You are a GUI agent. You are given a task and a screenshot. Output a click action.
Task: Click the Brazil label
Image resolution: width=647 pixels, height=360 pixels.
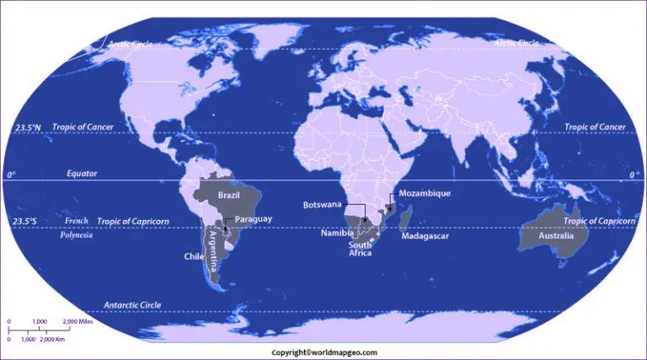pyautogui.click(x=230, y=195)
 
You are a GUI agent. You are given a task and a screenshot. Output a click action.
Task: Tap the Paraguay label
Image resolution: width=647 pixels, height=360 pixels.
pyautogui.click(x=252, y=219)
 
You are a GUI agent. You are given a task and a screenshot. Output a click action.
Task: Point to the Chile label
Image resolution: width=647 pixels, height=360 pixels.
pyautogui.click(x=192, y=256)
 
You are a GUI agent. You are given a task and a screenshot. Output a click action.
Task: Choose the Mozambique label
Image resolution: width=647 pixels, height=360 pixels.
pyautogui.click(x=425, y=193)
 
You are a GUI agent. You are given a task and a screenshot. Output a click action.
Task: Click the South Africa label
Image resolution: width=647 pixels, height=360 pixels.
pyautogui.click(x=360, y=249)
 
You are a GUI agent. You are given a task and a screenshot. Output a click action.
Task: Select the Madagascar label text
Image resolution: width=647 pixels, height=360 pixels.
pyautogui.click(x=425, y=236)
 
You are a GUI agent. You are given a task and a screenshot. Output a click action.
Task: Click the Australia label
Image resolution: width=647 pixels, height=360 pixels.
pyautogui.click(x=557, y=236)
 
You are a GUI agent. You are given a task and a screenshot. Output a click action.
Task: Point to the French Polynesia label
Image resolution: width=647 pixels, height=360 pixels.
pyautogui.click(x=76, y=228)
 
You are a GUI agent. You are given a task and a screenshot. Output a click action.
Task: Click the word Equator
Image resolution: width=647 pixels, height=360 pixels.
pyautogui.click(x=83, y=174)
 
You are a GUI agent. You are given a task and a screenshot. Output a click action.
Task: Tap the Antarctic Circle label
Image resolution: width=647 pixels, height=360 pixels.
pyautogui.click(x=133, y=304)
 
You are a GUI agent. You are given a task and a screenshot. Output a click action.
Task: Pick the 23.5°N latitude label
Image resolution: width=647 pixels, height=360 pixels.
pyautogui.click(x=27, y=127)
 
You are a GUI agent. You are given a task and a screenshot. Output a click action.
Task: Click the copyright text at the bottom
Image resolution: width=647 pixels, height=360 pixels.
pyautogui.click(x=323, y=352)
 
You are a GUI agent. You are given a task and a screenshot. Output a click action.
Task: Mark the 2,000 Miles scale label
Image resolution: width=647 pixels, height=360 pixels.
pyautogui.click(x=77, y=322)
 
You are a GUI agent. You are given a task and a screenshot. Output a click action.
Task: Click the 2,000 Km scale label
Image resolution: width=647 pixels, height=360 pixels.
pyautogui.click(x=53, y=338)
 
